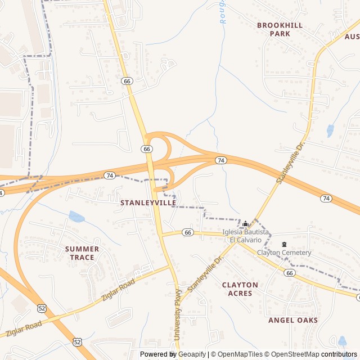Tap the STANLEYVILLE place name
tap(148, 202)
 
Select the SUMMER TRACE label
tap(82, 253)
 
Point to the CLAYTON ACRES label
tap(240, 289)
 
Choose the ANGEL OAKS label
tap(292, 320)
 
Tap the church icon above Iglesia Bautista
tap(245, 224)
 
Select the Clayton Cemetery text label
tap(284, 253)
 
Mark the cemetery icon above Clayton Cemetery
tap(284, 244)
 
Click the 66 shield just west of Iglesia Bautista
tap(188, 232)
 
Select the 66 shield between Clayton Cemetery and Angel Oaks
tap(290, 273)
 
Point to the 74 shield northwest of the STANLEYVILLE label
tap(110, 175)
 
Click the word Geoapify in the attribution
tap(192, 354)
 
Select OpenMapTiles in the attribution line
tap(240, 354)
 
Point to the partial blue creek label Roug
tap(221, 11)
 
